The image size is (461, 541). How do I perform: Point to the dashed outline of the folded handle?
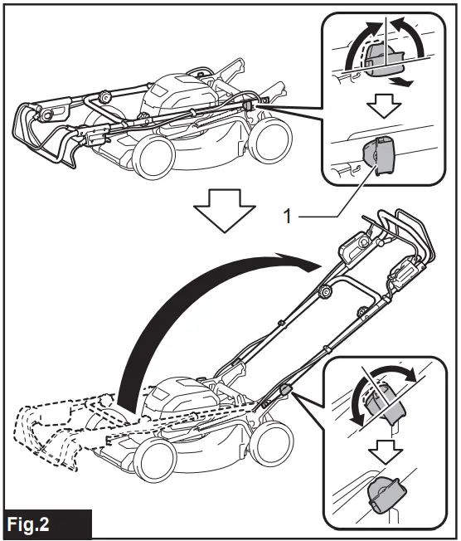58,431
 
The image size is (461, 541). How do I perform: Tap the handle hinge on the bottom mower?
284,388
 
